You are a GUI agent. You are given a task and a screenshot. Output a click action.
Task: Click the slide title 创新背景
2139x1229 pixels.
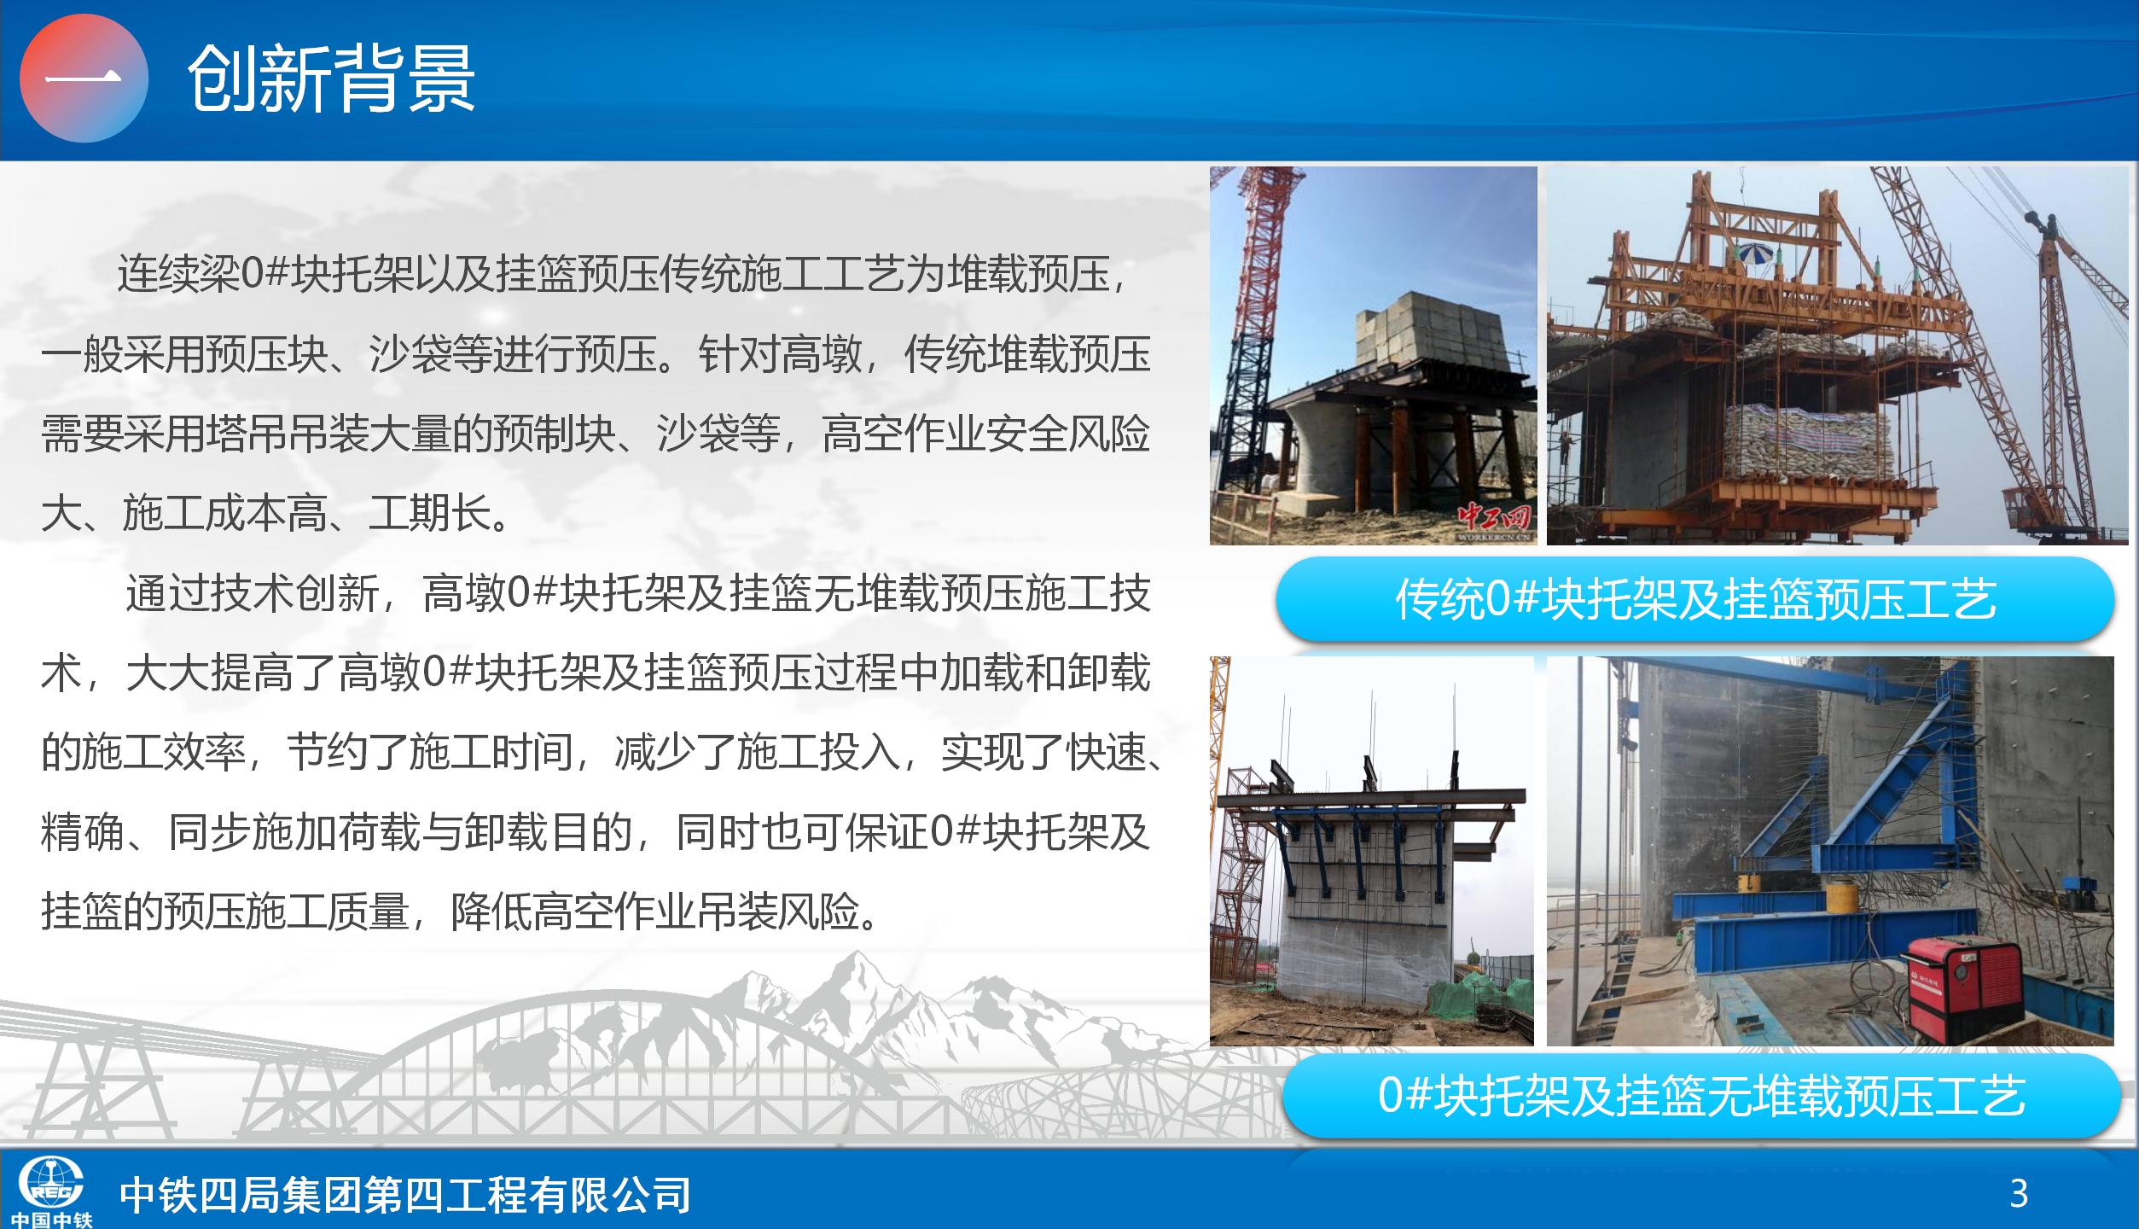click(331, 79)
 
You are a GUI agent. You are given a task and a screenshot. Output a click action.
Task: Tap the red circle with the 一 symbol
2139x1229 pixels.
click(84, 79)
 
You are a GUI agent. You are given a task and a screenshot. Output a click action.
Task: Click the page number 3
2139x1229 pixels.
click(2019, 1193)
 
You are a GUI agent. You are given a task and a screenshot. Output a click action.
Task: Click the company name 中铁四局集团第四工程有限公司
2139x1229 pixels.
click(405, 1194)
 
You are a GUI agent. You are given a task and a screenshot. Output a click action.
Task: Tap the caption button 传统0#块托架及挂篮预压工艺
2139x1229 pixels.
click(1695, 599)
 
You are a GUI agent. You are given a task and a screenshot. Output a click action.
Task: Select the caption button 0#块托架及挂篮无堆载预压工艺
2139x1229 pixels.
click(1700, 1095)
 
